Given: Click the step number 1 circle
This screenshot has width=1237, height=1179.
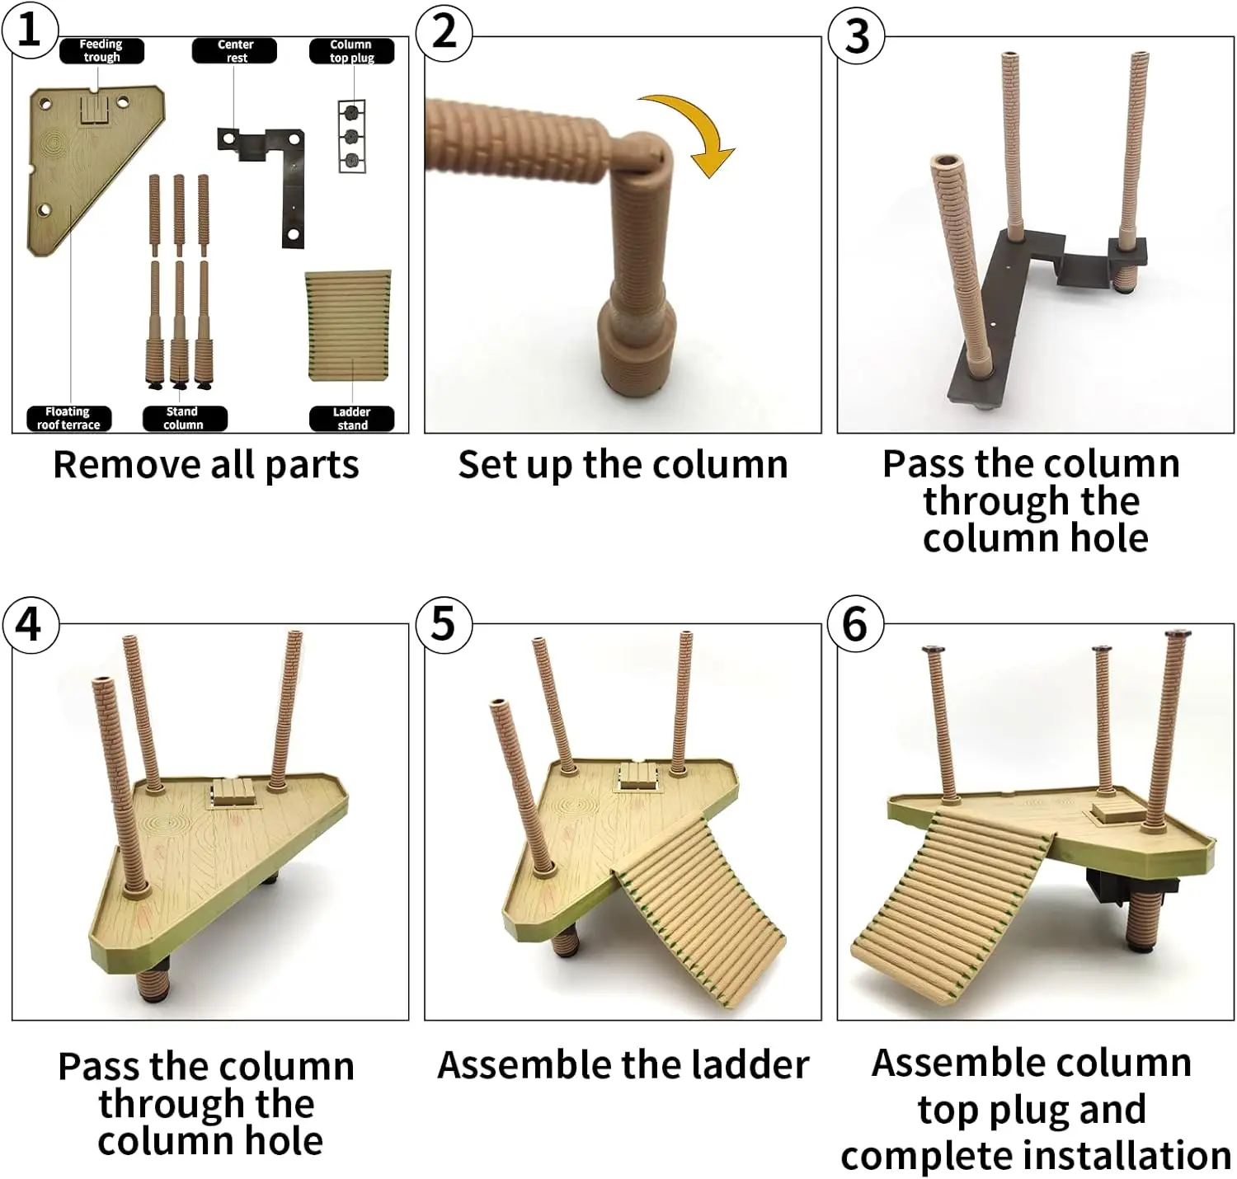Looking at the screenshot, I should [x=29, y=31].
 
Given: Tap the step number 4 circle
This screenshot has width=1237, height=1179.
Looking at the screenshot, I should [x=29, y=623].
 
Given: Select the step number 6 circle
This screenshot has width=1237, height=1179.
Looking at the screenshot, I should [x=855, y=623].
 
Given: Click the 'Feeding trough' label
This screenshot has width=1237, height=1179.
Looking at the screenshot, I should [x=101, y=51].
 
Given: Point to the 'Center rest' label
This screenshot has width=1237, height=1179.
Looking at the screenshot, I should [x=235, y=51].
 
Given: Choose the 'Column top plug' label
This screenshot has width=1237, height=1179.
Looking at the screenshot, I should [x=351, y=51].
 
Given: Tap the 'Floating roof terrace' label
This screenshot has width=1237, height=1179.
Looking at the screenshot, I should [x=68, y=418].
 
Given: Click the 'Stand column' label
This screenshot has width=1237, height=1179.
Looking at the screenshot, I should [x=183, y=418].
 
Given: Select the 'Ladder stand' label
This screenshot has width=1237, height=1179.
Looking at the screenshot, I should [x=352, y=418].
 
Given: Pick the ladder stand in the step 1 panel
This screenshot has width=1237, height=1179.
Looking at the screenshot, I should [x=348, y=326].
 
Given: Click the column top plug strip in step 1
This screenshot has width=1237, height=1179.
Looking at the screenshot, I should [x=352, y=136].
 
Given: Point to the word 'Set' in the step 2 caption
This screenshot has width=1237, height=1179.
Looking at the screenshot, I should [x=487, y=464].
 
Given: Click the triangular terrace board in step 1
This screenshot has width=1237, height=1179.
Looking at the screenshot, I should [x=82, y=165].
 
